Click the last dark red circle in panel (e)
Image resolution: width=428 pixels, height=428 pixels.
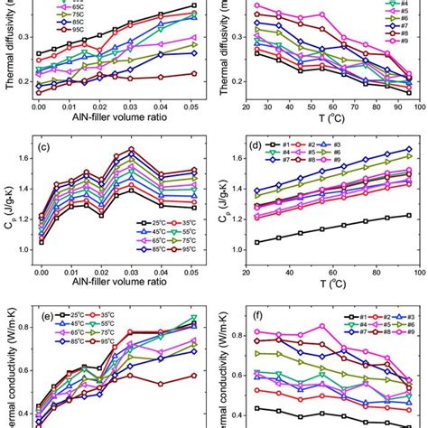tap(193, 376)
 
